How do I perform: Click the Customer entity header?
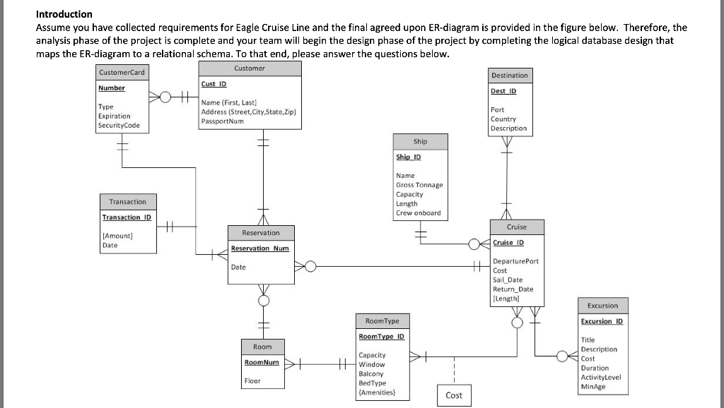[249, 68]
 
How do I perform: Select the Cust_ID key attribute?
[214, 84]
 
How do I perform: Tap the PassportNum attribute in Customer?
[223, 121]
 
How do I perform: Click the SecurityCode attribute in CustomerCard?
[119, 126]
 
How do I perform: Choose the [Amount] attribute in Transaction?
[118, 236]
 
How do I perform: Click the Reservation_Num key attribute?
[260, 248]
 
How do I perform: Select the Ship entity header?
[420, 141]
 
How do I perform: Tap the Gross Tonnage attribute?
[419, 185]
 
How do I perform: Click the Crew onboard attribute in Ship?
[418, 212]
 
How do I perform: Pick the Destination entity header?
[509, 75]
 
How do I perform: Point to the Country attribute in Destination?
[503, 119]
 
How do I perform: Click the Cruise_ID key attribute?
[508, 243]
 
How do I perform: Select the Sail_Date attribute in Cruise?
[508, 280]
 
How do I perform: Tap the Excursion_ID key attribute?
[602, 321]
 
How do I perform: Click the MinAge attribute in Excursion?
[592, 386]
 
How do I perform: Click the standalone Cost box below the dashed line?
[454, 395]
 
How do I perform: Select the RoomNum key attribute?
[262, 362]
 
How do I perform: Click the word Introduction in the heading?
[64, 14]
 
